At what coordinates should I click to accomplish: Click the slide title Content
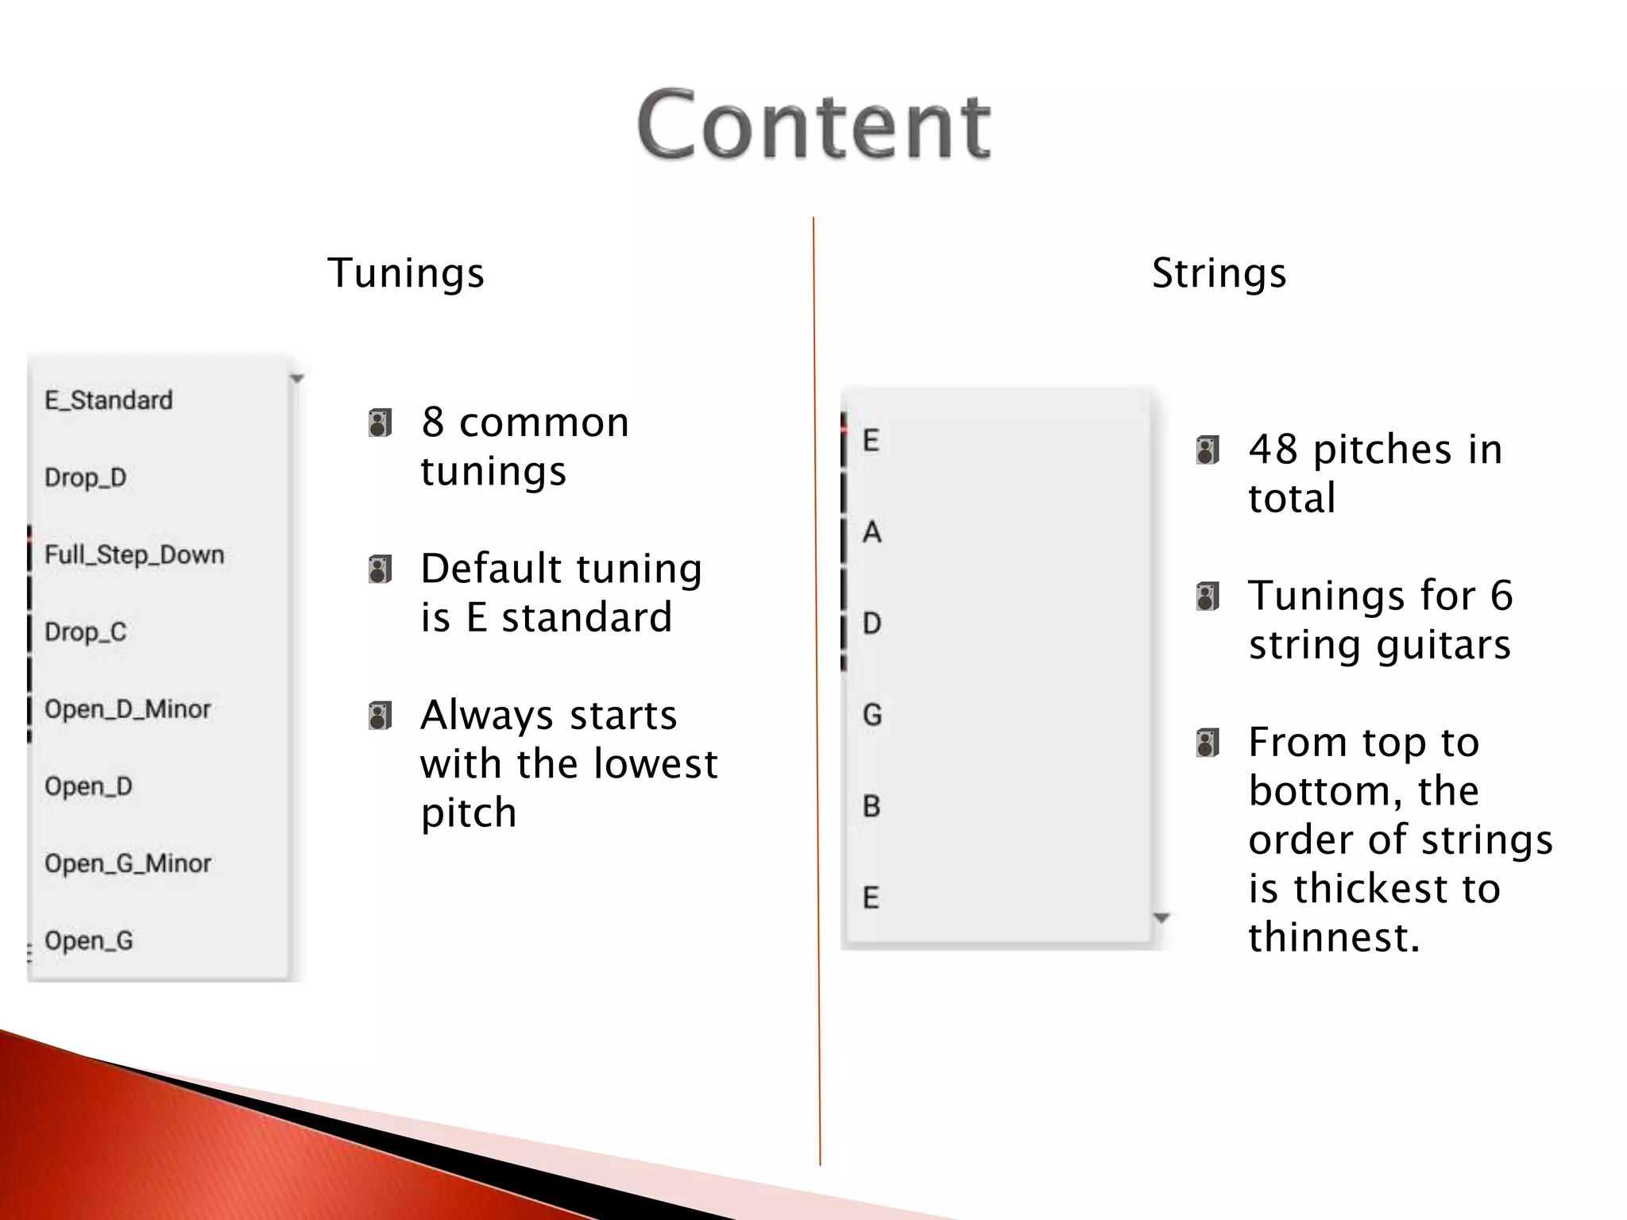click(x=813, y=125)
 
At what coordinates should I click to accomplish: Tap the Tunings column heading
click(x=406, y=273)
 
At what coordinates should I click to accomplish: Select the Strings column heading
click(x=1219, y=273)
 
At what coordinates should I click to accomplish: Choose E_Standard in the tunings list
click(x=109, y=400)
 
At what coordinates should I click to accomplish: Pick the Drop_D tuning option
click(x=86, y=477)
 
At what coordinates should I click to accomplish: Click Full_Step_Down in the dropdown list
click(x=134, y=554)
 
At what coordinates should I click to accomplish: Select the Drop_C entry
click(x=86, y=631)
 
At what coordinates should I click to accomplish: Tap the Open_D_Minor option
click(x=128, y=708)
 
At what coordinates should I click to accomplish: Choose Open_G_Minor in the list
click(x=128, y=863)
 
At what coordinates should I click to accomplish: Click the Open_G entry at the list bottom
click(x=89, y=940)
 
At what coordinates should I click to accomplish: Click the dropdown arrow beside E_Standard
click(x=297, y=379)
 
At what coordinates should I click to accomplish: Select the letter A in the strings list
click(x=872, y=532)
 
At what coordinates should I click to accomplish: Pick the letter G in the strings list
click(x=872, y=715)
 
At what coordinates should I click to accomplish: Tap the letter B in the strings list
click(x=871, y=806)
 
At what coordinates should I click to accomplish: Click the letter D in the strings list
click(x=872, y=624)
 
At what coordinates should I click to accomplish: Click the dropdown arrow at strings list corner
click(x=1161, y=918)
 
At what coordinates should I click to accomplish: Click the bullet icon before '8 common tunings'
click(x=381, y=423)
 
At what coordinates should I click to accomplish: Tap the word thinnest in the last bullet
click(x=1333, y=937)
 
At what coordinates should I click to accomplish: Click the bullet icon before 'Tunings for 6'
click(x=1208, y=596)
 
